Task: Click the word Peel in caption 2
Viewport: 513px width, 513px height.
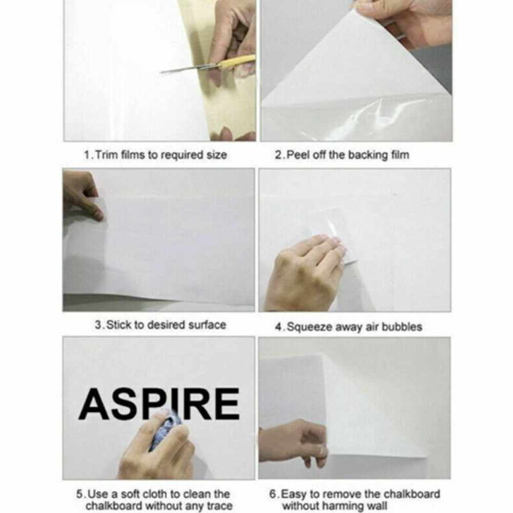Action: click(x=298, y=155)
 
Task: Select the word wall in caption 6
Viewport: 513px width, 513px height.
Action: click(x=376, y=506)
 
